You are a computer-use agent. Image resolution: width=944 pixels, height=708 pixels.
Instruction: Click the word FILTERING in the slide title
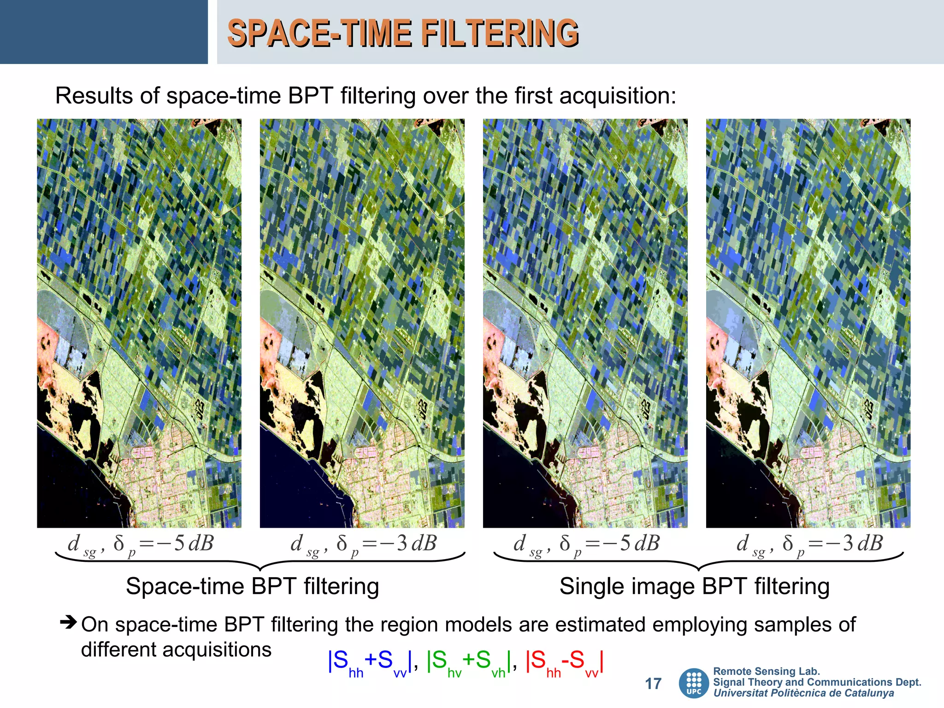(500, 33)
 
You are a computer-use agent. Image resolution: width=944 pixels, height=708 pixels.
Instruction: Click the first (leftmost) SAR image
(139, 323)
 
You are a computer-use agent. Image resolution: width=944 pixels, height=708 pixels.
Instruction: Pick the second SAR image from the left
(362, 323)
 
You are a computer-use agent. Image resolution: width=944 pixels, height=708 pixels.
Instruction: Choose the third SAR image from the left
(585, 323)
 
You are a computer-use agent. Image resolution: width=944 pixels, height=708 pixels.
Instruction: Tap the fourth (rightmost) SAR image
(808, 323)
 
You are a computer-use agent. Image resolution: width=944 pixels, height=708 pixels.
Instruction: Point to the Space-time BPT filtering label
(252, 586)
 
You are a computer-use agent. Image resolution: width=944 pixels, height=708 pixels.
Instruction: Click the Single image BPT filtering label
(694, 586)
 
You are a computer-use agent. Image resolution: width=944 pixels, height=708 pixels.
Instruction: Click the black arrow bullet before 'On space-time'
(68, 622)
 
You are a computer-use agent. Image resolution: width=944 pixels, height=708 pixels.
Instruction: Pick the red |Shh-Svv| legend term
(564, 662)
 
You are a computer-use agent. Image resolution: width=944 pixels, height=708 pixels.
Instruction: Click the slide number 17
(653, 684)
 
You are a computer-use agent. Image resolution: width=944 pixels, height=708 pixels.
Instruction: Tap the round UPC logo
(694, 683)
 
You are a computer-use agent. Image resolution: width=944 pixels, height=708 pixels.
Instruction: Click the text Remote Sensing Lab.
(766, 671)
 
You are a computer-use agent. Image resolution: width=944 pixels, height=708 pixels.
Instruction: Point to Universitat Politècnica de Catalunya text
(803, 693)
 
